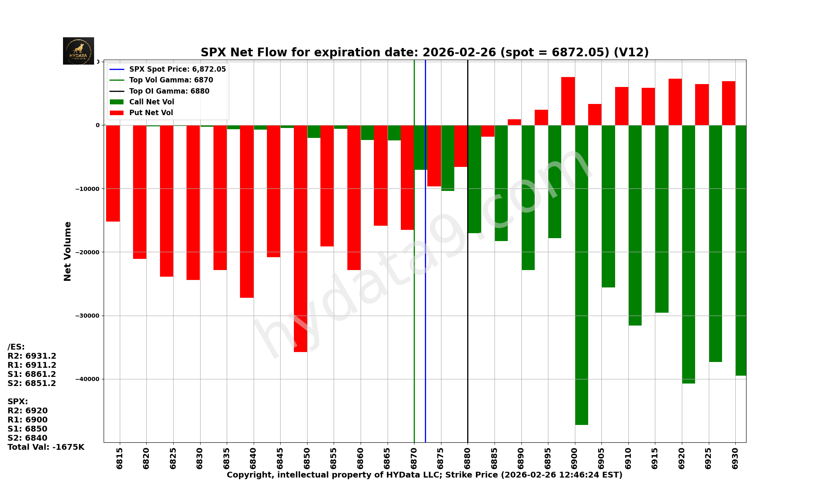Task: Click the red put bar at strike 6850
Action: point(301,238)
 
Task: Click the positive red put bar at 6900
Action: point(568,101)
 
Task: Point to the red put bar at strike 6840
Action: point(247,211)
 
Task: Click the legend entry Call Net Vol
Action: point(151,102)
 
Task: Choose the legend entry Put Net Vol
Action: point(151,113)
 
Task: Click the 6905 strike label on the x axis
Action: point(601,458)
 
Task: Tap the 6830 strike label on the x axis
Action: point(200,458)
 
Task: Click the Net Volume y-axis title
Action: point(68,251)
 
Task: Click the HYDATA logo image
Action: point(78,51)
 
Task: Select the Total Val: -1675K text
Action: point(46,447)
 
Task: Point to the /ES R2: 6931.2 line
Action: point(32,356)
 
